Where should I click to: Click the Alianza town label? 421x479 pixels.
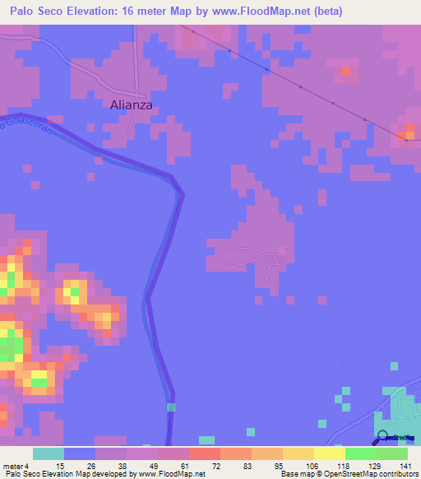tap(132, 105)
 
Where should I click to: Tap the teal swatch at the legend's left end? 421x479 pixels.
tap(49, 453)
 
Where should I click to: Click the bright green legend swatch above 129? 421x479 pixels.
tap(360, 453)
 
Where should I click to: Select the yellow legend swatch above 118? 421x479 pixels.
tap(329, 453)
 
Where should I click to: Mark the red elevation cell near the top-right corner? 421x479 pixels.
tap(345, 72)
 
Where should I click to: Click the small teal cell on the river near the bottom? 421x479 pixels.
tap(170, 407)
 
